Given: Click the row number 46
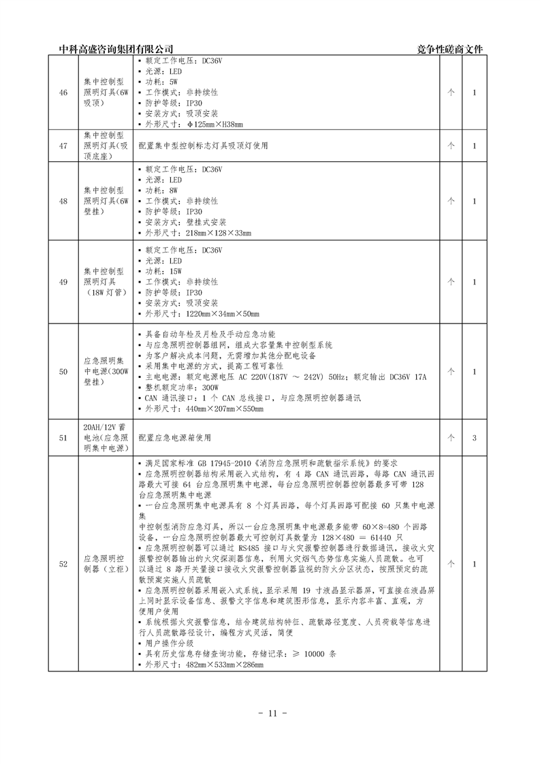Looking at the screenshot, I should tap(63, 93).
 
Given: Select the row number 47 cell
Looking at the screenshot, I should tap(63, 146).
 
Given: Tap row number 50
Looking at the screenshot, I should tap(63, 371).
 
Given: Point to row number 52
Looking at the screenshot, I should tap(63, 563).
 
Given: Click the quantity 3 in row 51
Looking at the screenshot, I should tap(474, 437).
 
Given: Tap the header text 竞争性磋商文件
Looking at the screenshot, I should tap(452, 49).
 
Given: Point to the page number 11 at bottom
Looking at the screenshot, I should tap(270, 713).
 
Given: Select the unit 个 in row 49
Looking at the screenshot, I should tap(450, 282).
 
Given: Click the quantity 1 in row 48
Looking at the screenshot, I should tap(474, 201).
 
